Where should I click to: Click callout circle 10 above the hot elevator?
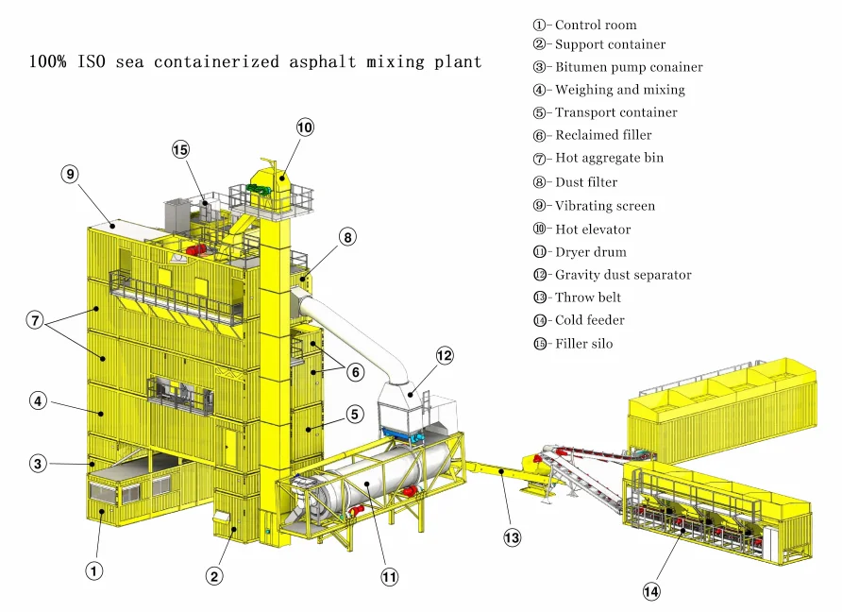pos(304,127)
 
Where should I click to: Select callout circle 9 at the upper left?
pos(70,174)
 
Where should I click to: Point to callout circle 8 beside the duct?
pos(348,238)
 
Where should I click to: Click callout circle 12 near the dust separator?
pos(445,355)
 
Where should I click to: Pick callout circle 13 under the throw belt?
pos(512,537)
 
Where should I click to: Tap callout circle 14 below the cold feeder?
pos(651,591)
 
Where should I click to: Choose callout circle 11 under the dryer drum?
pos(389,576)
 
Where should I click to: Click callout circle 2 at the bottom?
pos(215,575)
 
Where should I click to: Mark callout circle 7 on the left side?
pos(35,320)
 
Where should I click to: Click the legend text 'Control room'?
pos(595,25)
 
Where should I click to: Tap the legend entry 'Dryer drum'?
pos(590,252)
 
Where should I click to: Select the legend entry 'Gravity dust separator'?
pos(622,275)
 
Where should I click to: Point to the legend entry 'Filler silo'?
pos(583,344)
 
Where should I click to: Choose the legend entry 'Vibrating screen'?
pos(604,206)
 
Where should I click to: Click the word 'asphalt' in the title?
pos(323,62)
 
